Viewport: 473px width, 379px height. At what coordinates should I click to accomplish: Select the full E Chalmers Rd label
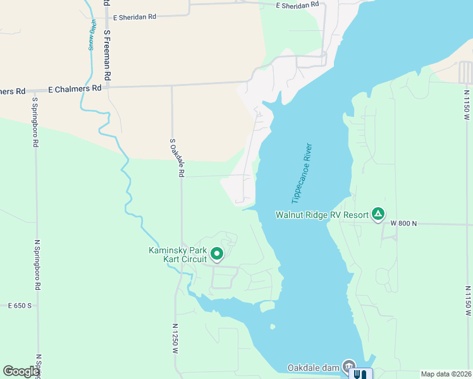tap(75, 89)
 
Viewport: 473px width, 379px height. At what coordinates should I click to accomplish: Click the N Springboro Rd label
tap(38, 265)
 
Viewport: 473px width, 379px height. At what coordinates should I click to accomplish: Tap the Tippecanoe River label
tap(302, 176)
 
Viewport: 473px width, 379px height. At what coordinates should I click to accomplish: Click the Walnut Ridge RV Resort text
tap(322, 215)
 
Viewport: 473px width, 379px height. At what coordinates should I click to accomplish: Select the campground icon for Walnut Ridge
tap(378, 214)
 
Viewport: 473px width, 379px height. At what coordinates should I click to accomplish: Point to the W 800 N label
tap(403, 223)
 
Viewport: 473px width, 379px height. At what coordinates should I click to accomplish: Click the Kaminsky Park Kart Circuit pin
tap(217, 254)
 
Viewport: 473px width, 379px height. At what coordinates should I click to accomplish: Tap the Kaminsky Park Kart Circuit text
tap(178, 255)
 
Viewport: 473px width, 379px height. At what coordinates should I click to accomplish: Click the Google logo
tap(21, 371)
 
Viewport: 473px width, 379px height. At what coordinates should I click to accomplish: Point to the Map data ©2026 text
tap(446, 374)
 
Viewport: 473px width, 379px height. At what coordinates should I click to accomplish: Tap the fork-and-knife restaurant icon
tap(361, 373)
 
